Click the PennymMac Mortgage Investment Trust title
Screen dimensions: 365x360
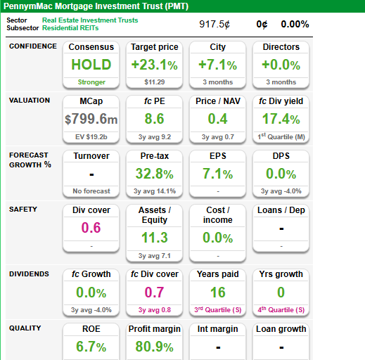96,6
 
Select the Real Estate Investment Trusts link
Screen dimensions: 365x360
90,20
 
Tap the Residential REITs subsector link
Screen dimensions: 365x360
70,28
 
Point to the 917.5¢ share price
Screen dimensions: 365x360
214,24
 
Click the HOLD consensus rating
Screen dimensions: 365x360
91,65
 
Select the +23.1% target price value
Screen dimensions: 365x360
155,65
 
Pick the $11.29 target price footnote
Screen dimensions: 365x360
155,82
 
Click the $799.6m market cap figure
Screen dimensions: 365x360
91,119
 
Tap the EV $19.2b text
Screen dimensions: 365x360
91,137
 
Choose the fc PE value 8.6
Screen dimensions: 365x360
154,119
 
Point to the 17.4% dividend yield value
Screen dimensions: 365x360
281,119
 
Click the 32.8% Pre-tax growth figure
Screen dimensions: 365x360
155,174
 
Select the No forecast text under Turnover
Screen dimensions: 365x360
91,191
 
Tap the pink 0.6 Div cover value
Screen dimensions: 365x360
91,228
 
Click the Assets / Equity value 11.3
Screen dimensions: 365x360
155,238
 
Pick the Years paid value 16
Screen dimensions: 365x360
218,292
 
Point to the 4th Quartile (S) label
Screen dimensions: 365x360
281,309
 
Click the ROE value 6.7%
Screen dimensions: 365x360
91,347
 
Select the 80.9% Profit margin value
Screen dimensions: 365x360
155,347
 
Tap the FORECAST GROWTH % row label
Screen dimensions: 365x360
30,160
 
